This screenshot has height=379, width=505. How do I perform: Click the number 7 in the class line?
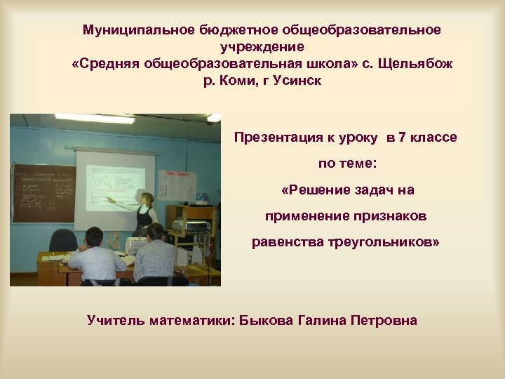click(x=401, y=138)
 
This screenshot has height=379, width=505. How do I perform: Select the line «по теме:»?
click(x=347, y=164)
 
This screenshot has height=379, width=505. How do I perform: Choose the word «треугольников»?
click(x=384, y=242)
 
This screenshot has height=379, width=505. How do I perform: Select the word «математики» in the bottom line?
click(x=189, y=321)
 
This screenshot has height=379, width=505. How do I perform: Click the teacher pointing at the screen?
click(x=145, y=211)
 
